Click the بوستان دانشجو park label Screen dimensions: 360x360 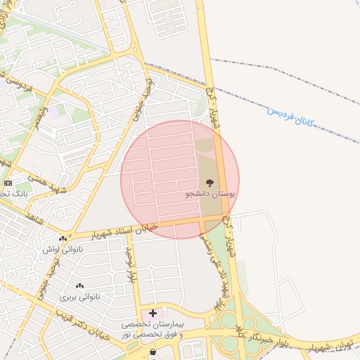212,193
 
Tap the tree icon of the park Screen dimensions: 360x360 210,182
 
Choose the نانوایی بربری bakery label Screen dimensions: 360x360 79,297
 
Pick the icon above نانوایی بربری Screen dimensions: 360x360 79,286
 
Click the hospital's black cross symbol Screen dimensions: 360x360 153,312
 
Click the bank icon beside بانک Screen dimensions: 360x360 7,182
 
